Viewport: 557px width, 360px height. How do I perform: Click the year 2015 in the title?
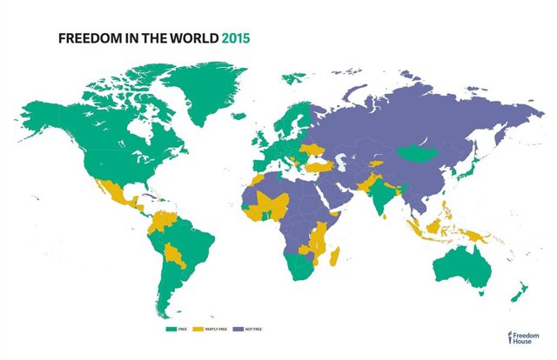click(236, 39)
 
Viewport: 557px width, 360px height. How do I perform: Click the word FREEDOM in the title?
click(85, 39)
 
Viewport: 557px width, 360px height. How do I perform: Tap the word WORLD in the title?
click(194, 39)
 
